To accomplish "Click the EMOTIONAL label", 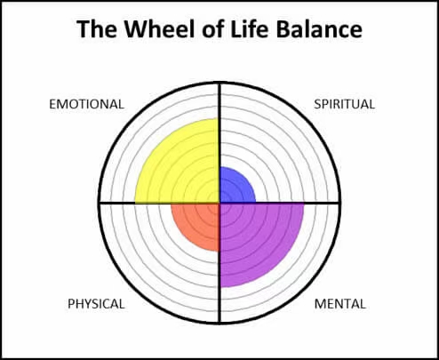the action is [86, 104].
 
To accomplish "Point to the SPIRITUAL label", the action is [344, 104].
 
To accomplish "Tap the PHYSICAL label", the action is [96, 304].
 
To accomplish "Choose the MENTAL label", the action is [340, 304].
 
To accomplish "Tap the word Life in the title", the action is [251, 28].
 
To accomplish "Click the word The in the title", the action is [97, 28].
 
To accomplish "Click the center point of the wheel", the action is [219, 203].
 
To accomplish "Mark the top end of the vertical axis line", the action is [219, 83].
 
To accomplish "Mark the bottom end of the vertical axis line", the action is [219, 324].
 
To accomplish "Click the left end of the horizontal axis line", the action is [99, 203].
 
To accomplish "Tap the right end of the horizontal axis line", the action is [340, 203].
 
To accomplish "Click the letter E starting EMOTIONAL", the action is [52, 104].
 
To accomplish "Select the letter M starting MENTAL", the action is [319, 304].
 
